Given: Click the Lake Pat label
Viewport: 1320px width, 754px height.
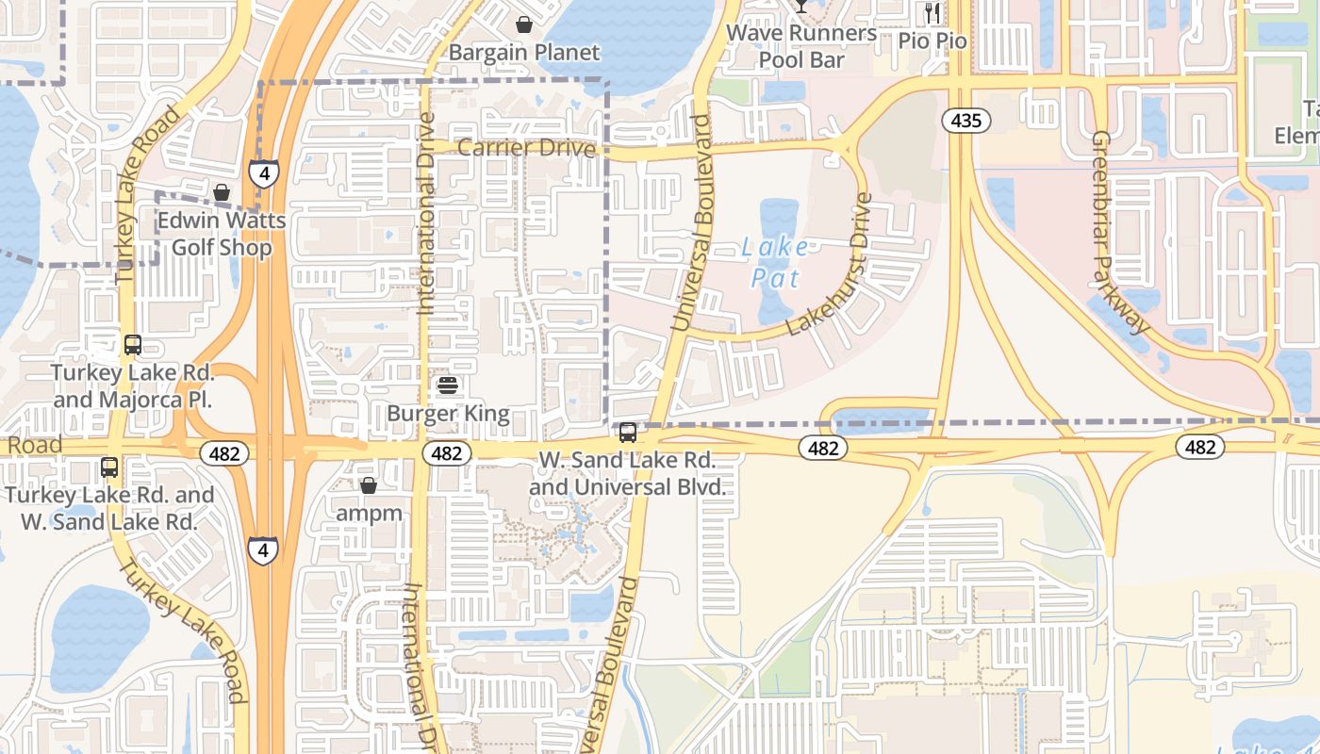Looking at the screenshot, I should point(775,263).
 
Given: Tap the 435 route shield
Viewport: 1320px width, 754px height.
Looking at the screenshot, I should point(966,120).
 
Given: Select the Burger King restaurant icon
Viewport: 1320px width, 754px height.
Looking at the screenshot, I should point(448,385).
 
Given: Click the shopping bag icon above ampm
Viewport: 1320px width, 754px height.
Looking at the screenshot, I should point(369,485).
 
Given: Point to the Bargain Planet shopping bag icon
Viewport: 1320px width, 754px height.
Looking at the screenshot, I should point(523,24).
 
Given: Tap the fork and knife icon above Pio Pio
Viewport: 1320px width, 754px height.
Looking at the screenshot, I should point(932,12).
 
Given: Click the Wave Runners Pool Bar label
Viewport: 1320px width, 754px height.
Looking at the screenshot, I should point(801,46).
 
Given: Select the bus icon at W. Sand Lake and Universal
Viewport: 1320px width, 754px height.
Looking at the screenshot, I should point(627,433).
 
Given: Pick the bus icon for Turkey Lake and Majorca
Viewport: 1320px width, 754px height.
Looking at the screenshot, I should point(133,345).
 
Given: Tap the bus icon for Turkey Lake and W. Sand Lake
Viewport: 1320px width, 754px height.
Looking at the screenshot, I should point(109,467).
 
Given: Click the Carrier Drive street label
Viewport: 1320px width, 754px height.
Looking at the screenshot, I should point(527,148).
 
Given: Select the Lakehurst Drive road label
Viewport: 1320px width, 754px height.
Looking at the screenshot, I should point(828,265).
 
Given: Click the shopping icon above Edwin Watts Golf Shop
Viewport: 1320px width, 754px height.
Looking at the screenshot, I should point(222,193).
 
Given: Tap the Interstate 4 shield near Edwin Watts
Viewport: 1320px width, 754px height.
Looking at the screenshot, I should point(264,173).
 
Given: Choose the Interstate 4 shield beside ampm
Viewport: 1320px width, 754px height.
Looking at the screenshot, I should point(263,549).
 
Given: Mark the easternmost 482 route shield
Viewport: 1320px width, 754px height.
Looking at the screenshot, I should point(1199,447).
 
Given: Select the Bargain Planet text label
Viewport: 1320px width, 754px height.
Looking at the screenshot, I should point(524,52).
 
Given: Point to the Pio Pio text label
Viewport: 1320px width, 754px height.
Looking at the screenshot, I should point(932,41).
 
